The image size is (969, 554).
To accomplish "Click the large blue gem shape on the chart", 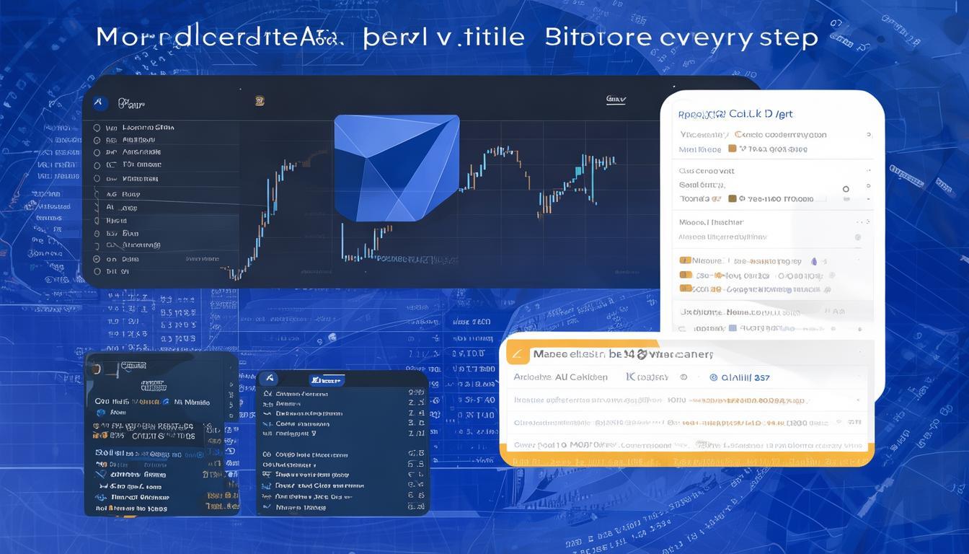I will [x=396, y=167].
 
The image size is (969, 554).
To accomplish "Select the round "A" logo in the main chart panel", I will [x=100, y=104].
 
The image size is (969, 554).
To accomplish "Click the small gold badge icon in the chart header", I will [x=260, y=101].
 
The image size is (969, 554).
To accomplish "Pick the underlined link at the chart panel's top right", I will [x=616, y=100].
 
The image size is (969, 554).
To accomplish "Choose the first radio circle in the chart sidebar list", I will [x=97, y=128].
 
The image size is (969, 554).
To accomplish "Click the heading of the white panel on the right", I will [x=735, y=114].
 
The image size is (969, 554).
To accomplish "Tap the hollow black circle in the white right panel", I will [x=846, y=189].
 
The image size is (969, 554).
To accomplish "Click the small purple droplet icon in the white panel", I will [x=814, y=261].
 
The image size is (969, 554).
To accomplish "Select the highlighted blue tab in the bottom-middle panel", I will [x=327, y=379].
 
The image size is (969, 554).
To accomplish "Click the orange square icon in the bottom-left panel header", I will [x=97, y=369].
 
